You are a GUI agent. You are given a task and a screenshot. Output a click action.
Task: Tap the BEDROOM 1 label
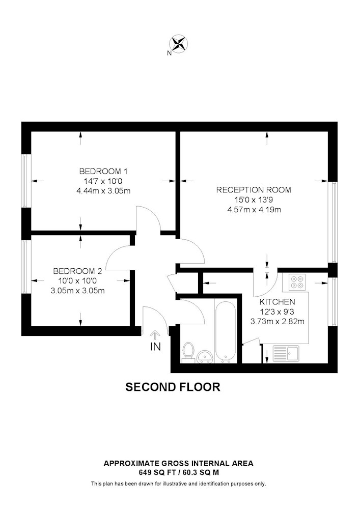(103, 171)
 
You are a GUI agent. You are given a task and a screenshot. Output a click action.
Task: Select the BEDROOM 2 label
(77, 271)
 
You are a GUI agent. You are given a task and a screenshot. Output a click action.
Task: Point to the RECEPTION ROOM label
(254, 189)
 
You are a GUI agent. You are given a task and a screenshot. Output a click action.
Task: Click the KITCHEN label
(277, 302)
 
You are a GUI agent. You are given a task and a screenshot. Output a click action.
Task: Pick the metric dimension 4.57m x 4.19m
(254, 210)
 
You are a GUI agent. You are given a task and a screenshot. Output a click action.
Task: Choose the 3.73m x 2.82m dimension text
(277, 322)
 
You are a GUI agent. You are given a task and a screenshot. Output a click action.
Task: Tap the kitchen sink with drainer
(286, 354)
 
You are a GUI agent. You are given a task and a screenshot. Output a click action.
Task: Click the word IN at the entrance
(155, 347)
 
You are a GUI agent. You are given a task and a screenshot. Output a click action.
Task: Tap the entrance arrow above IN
(155, 335)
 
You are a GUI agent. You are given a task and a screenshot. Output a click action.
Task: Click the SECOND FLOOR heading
(173, 387)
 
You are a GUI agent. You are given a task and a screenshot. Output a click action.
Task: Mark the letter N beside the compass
(169, 53)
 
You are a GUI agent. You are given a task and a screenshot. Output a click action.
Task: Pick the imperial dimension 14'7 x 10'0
(103, 181)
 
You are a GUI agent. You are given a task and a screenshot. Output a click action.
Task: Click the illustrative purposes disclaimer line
(179, 484)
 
